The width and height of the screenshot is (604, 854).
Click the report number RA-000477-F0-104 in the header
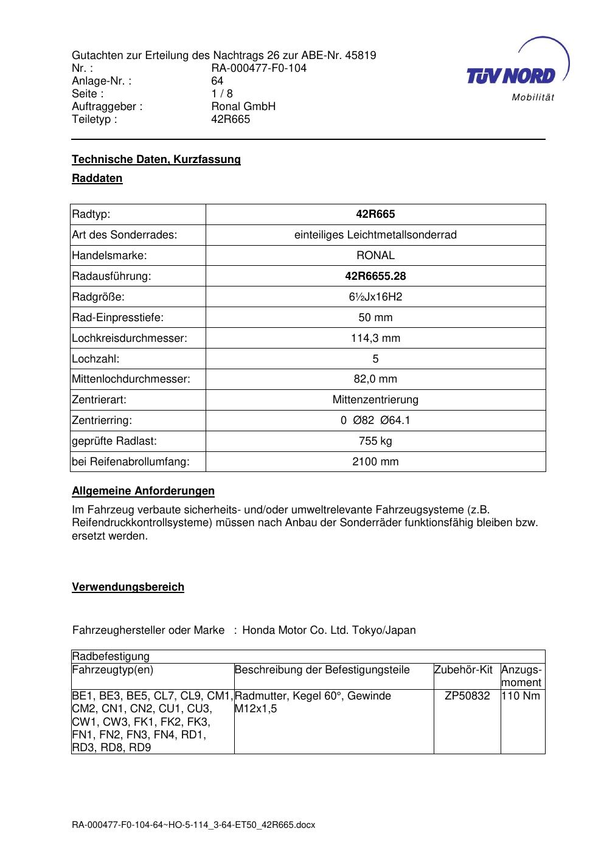pyautogui.click(x=259, y=68)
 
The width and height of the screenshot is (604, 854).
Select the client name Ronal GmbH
pyautogui.click(x=243, y=106)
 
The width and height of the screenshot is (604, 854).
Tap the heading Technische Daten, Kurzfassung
pyautogui.click(x=156, y=159)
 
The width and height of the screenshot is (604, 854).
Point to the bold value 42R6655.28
pyautogui.click(x=375, y=276)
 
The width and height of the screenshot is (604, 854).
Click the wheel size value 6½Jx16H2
pyautogui.click(x=375, y=297)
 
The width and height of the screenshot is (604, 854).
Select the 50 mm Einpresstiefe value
pyautogui.click(x=375, y=318)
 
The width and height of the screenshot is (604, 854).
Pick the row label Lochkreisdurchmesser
pyautogui.click(x=130, y=338)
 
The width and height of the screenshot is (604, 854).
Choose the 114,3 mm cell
pyautogui.click(x=375, y=338)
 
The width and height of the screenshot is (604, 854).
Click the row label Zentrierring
pyautogui.click(x=102, y=420)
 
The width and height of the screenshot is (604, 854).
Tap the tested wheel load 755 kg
pyautogui.click(x=375, y=441)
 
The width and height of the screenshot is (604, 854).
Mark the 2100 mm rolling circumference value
pyautogui.click(x=375, y=462)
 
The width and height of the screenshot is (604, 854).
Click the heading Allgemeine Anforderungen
pyautogui.click(x=143, y=491)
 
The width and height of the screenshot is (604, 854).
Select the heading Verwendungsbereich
pyautogui.click(x=128, y=587)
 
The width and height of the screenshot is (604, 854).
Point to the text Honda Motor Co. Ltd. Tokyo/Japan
pyautogui.click(x=329, y=630)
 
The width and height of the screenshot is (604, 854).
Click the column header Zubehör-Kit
pyautogui.click(x=463, y=670)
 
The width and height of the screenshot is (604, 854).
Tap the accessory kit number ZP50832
pyautogui.click(x=467, y=696)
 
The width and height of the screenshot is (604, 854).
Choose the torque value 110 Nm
pyautogui.click(x=521, y=696)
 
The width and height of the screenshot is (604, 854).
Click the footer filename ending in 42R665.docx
pyautogui.click(x=193, y=825)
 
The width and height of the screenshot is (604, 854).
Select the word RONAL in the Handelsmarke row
pyautogui.click(x=375, y=255)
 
